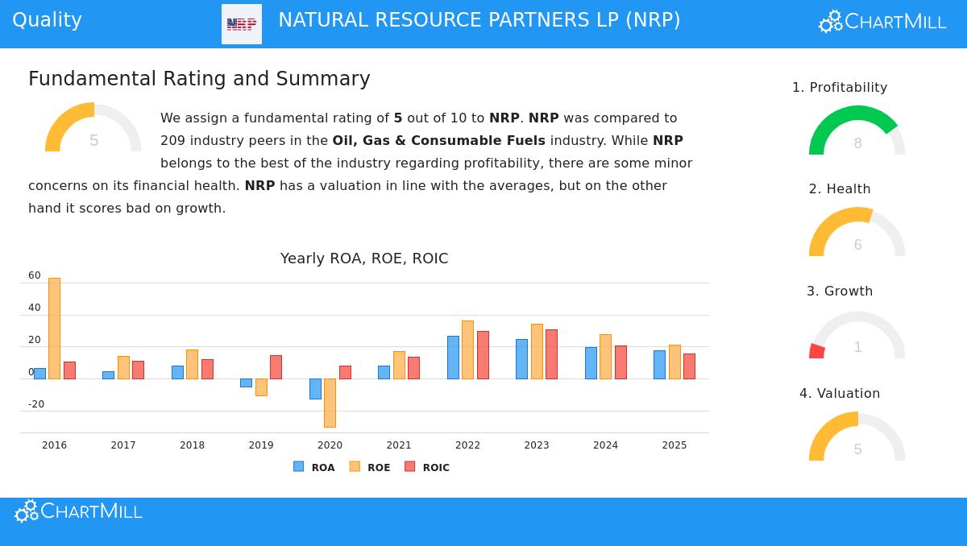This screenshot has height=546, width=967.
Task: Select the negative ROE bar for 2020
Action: tap(330, 403)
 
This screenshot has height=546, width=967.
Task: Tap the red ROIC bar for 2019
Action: tap(276, 366)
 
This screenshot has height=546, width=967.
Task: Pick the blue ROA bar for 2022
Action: tap(453, 357)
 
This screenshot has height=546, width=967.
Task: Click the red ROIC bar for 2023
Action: tap(551, 354)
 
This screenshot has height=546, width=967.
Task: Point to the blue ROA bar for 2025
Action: tap(659, 364)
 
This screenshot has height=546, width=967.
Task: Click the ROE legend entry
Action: tap(370, 467)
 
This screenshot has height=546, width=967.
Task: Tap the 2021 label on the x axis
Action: tap(398, 445)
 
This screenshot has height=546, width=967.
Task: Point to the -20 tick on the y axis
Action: tap(36, 404)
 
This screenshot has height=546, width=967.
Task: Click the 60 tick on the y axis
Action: tap(35, 275)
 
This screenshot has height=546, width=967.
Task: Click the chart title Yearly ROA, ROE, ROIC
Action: tap(364, 259)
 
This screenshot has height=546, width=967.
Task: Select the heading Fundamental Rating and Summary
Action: tap(199, 79)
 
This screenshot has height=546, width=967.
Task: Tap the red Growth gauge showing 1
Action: tap(857, 337)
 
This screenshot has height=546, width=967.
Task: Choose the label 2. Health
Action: tap(840, 189)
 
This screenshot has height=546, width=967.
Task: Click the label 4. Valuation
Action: tap(840, 394)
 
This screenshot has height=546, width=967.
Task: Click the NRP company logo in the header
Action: tap(242, 24)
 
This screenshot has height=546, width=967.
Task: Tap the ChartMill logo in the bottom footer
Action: tap(78, 511)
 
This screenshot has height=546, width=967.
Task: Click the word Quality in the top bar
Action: tap(47, 20)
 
